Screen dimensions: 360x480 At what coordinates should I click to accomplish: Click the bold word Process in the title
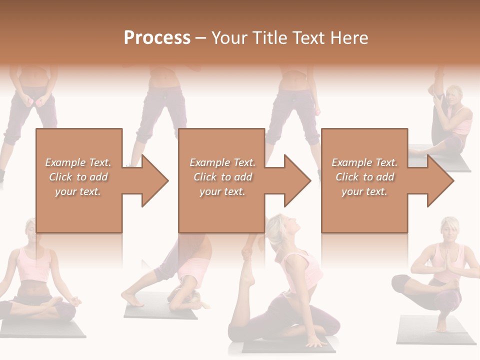pyautogui.click(x=157, y=38)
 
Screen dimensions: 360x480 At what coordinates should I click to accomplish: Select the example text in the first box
pyautogui.click(x=78, y=177)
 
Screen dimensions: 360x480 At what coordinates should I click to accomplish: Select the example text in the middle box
pyautogui.click(x=222, y=177)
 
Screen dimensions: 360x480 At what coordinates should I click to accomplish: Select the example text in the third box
pyautogui.click(x=364, y=177)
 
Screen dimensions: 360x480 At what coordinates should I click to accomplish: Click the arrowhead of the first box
pyautogui.click(x=152, y=180)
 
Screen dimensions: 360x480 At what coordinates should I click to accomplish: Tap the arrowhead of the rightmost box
pyautogui.click(x=439, y=180)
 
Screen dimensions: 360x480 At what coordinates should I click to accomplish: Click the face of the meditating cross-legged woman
pyautogui.click(x=29, y=231)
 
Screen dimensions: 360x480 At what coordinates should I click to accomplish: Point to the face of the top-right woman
pyautogui.click(x=455, y=96)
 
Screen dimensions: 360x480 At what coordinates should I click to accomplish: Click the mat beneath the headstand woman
pyautogui.click(x=160, y=312)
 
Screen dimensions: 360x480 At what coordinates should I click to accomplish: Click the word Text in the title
pyautogui.click(x=310, y=38)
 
